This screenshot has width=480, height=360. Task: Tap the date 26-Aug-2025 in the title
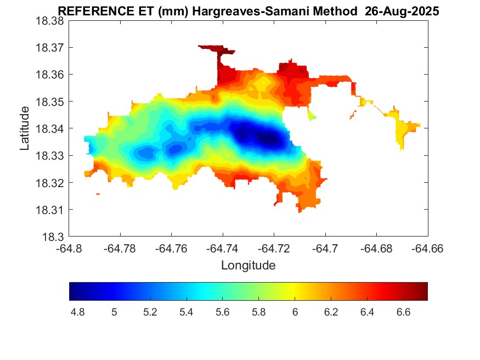(403, 12)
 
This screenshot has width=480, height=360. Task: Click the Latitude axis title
(25, 128)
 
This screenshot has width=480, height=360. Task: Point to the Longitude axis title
(248, 266)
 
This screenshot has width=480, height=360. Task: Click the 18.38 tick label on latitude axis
(50, 21)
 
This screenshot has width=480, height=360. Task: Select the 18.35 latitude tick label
(50, 102)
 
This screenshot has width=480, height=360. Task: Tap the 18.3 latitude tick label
(54, 237)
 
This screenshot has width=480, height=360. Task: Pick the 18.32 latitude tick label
(50, 183)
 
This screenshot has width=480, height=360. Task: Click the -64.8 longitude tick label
(69, 249)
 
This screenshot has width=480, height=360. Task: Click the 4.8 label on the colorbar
(78, 312)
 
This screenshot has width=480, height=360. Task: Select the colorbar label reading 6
(295, 312)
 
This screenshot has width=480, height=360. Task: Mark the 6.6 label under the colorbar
(403, 312)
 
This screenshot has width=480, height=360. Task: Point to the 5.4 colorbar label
(187, 312)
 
